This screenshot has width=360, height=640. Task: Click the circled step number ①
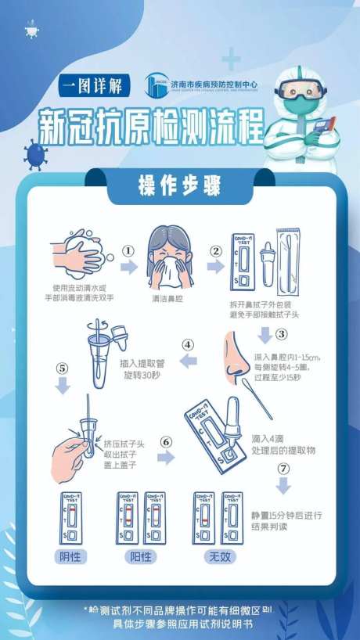pyautogui.click(x=128, y=253)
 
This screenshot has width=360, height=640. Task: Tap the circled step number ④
pyautogui.click(x=188, y=343)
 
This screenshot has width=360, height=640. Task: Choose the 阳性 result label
pyautogui.click(x=139, y=557)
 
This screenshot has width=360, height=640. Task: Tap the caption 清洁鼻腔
pyautogui.click(x=167, y=298)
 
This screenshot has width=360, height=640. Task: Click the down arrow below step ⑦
pyautogui.click(x=283, y=486)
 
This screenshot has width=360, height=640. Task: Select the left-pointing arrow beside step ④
pyautogui.click(x=188, y=361)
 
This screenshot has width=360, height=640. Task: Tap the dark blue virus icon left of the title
pyautogui.click(x=35, y=153)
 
